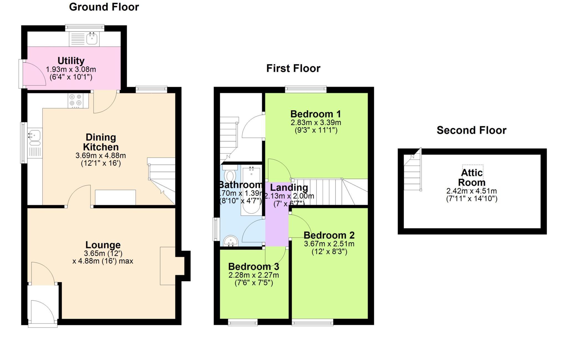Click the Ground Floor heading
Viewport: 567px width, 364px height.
104,7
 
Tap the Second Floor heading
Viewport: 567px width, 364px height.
471,130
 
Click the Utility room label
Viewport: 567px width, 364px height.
71,61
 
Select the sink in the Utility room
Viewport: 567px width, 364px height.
92,39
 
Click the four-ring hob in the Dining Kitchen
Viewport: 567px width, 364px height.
76,100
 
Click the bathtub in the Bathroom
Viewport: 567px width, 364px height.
251,191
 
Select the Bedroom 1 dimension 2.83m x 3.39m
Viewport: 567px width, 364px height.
316,123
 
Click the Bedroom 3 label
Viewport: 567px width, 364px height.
253,267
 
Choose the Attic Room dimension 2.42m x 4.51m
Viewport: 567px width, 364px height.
471,191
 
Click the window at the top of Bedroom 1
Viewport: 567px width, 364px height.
306,89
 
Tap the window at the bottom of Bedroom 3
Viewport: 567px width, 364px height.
243,322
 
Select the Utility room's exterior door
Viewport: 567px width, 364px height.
21,74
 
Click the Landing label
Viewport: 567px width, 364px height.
289,188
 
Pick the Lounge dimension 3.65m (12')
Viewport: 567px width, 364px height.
103,253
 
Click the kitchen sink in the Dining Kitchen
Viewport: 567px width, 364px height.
35,136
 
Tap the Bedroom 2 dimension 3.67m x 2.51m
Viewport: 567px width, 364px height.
329,244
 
